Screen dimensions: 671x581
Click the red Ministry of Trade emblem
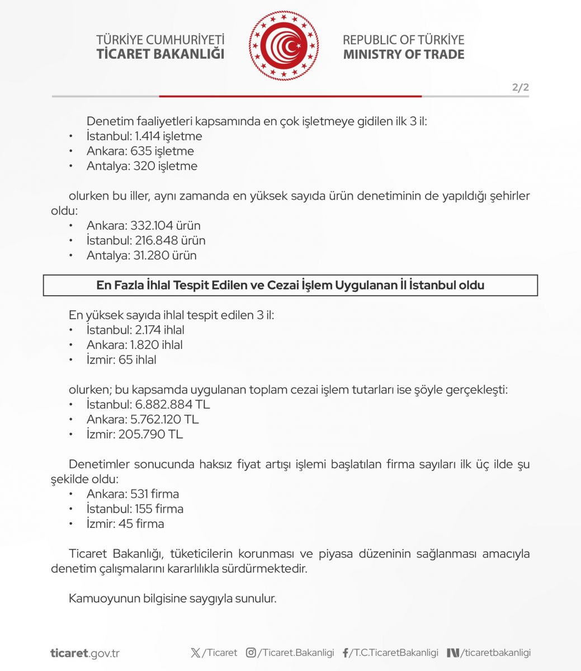coord(284,46)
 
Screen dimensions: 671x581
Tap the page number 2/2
coord(520,87)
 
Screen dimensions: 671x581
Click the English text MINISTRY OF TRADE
coord(403,54)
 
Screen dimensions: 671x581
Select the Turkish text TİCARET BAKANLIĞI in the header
coord(160,54)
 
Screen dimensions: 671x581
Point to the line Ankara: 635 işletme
coord(140,151)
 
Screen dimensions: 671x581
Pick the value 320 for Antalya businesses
coord(143,166)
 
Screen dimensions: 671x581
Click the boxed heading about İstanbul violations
coord(290,285)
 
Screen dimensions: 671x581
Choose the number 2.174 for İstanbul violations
coord(148,330)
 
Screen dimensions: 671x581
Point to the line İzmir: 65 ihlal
coord(121,360)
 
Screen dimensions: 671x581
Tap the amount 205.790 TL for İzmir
coord(150,434)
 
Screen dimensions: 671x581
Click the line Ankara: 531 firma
coord(133,494)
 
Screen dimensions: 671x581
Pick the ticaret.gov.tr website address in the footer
coord(84,653)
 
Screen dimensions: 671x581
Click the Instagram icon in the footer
coord(251,653)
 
